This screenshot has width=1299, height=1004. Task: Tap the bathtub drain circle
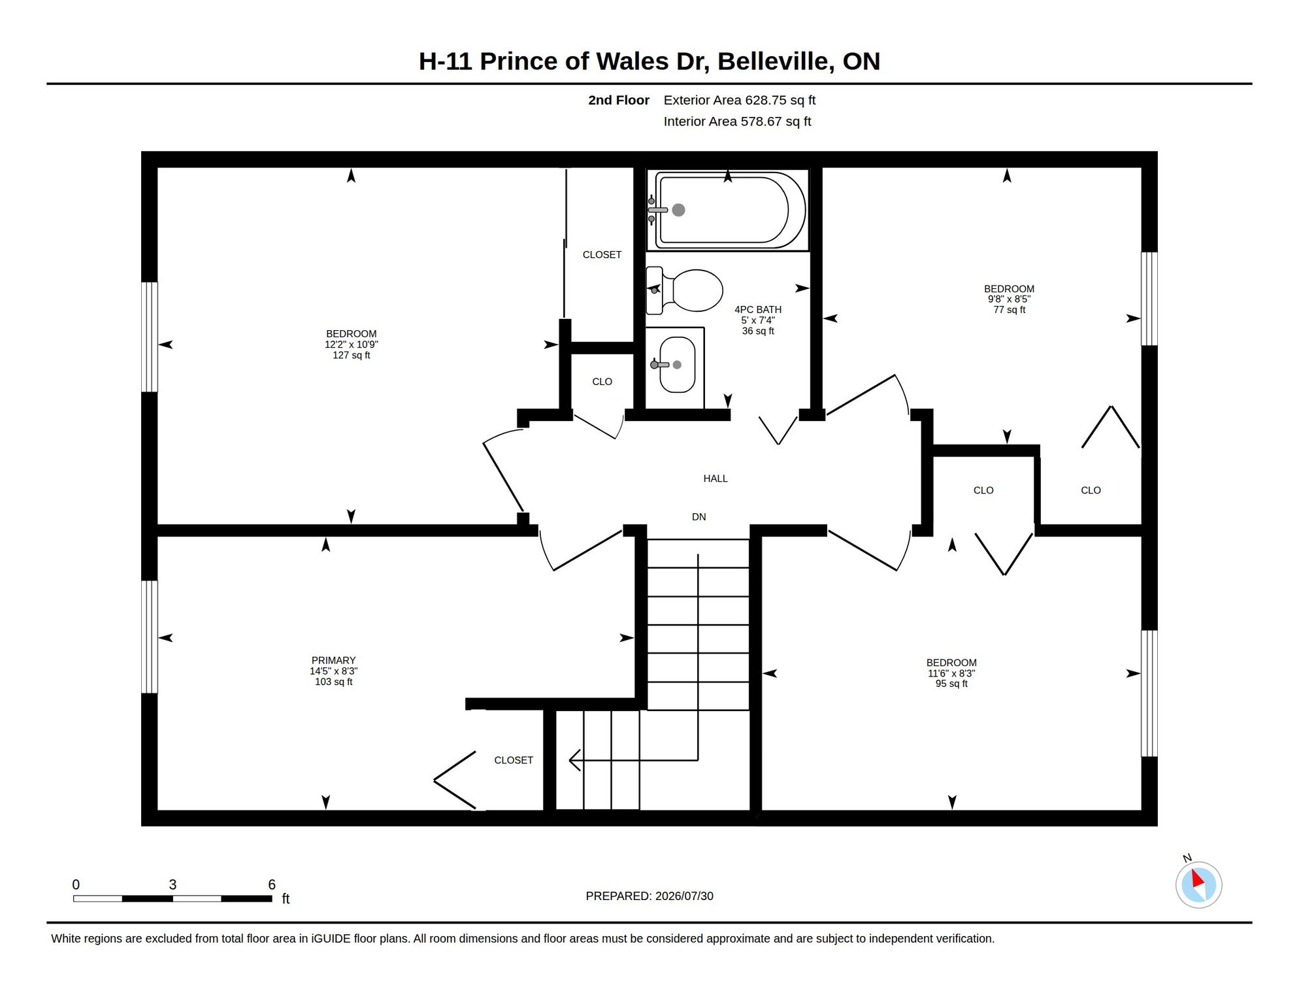[x=679, y=210]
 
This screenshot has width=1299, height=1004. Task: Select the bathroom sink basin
[x=678, y=365]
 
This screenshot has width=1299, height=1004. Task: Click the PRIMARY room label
[x=333, y=660]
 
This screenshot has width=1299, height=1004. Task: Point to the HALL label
[x=715, y=478]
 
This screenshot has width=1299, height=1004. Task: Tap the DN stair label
[x=699, y=517]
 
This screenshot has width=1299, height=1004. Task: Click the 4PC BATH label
[x=758, y=310]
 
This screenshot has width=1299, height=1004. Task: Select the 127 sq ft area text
[x=352, y=356]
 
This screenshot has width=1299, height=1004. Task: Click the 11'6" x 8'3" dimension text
[x=951, y=673]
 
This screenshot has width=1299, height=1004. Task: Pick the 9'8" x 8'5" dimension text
[x=1010, y=299]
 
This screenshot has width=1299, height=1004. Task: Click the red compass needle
[x=1198, y=878]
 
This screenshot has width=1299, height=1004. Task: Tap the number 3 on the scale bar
[x=173, y=884]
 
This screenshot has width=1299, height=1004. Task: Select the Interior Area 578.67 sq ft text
[x=737, y=122]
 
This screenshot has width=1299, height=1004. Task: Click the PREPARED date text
[x=649, y=896]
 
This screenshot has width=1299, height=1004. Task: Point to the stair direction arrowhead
[x=575, y=760]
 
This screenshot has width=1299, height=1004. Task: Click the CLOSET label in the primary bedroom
[x=514, y=760]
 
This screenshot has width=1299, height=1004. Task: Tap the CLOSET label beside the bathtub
[x=602, y=255]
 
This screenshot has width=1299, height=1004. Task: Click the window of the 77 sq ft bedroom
[x=1149, y=299]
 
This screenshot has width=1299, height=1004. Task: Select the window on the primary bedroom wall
[x=150, y=637]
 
